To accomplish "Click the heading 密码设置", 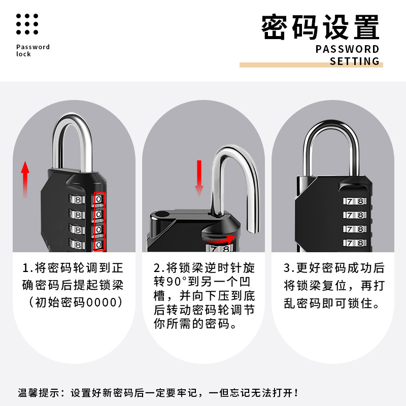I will point(320,28).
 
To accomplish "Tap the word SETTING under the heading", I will point(354,61).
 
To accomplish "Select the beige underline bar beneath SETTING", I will point(311,65).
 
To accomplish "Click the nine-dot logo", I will point(27,24).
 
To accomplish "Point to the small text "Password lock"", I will point(32,50).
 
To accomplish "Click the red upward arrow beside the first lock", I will point(25,180).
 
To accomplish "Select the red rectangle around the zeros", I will point(100,222).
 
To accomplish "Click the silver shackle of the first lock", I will point(72,137).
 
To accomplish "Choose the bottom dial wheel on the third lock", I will point(355,243).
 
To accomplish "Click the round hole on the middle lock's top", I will point(163,215).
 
